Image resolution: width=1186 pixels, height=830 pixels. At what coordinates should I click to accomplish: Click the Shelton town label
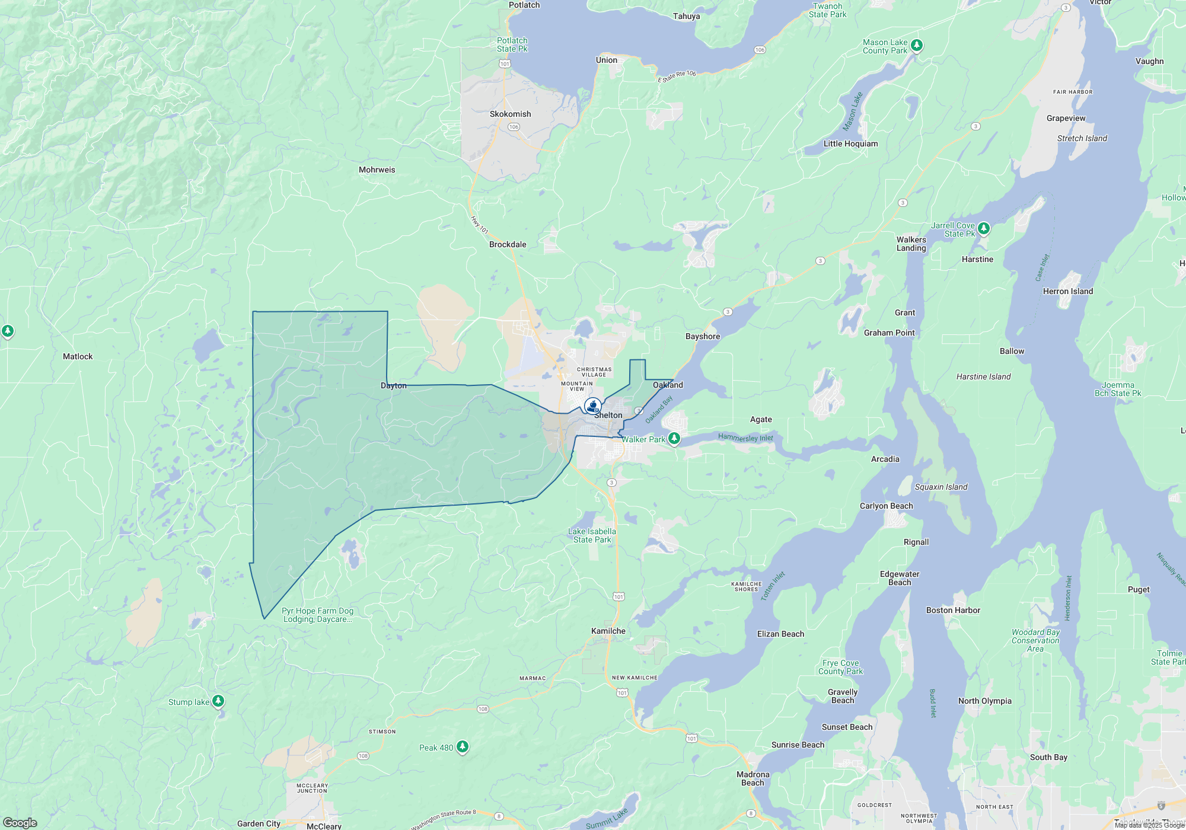click(x=608, y=415)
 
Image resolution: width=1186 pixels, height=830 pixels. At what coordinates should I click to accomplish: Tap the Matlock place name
click(x=78, y=356)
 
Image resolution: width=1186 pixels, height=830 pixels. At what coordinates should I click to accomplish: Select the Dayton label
click(x=394, y=385)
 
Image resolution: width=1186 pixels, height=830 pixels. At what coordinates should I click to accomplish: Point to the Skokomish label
click(x=510, y=114)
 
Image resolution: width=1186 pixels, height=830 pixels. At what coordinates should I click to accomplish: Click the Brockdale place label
click(x=508, y=244)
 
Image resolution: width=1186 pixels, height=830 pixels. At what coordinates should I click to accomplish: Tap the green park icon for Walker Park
click(x=674, y=439)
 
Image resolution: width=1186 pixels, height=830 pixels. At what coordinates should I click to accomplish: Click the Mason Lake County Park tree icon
click(x=917, y=45)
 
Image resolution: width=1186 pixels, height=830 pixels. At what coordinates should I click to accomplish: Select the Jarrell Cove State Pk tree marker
click(x=984, y=228)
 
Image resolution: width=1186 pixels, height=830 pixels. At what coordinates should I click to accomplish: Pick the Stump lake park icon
click(x=218, y=701)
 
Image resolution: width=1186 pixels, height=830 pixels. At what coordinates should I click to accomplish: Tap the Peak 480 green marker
click(x=463, y=747)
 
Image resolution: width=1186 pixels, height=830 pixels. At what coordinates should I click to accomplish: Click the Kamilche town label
click(x=608, y=631)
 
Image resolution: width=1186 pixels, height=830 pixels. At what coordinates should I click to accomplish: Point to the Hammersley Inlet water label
click(x=745, y=438)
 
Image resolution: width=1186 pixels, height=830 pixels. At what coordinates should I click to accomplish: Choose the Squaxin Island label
click(x=941, y=487)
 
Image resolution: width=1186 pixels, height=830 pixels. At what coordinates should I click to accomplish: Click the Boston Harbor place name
click(x=953, y=610)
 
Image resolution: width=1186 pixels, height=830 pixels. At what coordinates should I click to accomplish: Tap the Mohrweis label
click(x=377, y=170)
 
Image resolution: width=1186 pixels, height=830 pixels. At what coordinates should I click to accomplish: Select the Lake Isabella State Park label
click(x=592, y=535)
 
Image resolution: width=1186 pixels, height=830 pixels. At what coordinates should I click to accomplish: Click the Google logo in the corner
click(x=20, y=822)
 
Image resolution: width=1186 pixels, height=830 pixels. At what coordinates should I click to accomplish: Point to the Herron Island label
click(x=1067, y=291)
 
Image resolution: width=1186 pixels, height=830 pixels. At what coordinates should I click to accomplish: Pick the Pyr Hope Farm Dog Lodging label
click(x=317, y=615)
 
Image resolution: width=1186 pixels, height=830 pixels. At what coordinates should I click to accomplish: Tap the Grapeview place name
click(x=1066, y=118)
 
